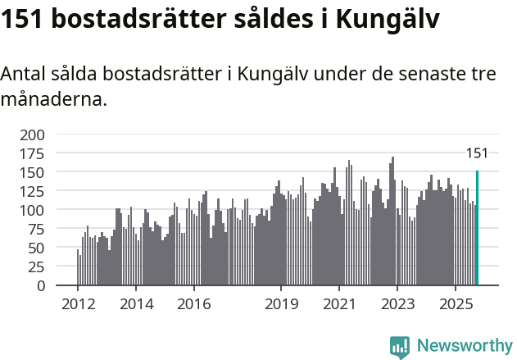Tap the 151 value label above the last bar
477,153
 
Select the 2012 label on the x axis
78,304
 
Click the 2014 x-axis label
136,304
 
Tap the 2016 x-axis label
193,304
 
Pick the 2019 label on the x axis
281,304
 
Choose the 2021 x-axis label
339,304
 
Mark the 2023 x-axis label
397,304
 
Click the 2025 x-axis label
456,304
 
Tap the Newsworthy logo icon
400,347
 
